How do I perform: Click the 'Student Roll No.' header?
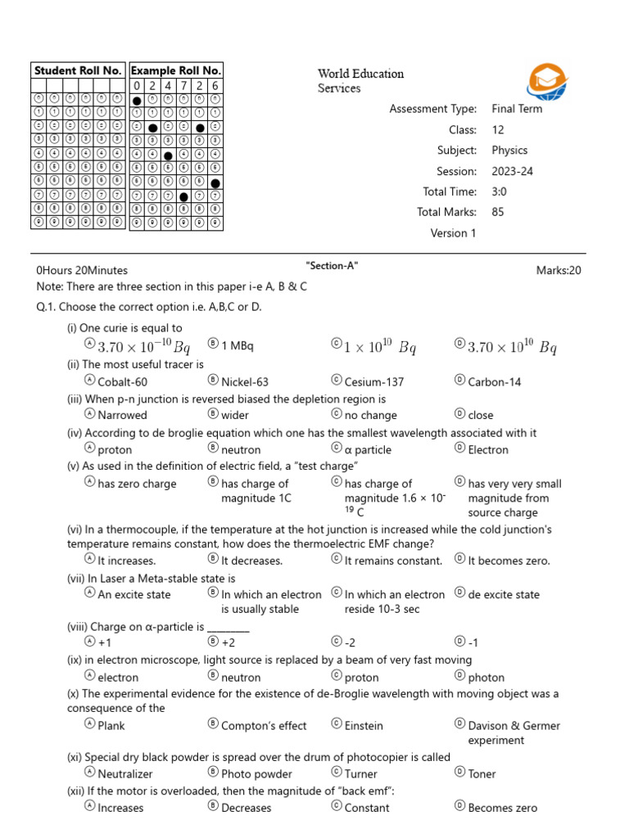pos(79,70)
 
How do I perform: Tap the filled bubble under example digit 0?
pos(137,101)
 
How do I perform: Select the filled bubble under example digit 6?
pos(215,183)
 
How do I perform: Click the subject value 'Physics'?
pos(509,151)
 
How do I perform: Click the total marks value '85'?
pos(498,212)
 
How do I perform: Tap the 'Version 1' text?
pos(453,233)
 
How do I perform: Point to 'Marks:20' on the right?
pos(559,270)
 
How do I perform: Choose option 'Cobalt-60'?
pos(122,381)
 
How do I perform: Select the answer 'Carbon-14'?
pos(494,381)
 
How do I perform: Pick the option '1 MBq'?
pos(238,345)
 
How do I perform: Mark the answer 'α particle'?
pos(368,449)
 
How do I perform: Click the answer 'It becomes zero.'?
pos(509,561)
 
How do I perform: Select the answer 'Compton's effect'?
pos(264,726)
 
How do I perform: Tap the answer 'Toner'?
pos(482,773)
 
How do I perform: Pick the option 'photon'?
pos(486,678)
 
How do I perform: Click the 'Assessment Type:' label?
pos(432,109)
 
